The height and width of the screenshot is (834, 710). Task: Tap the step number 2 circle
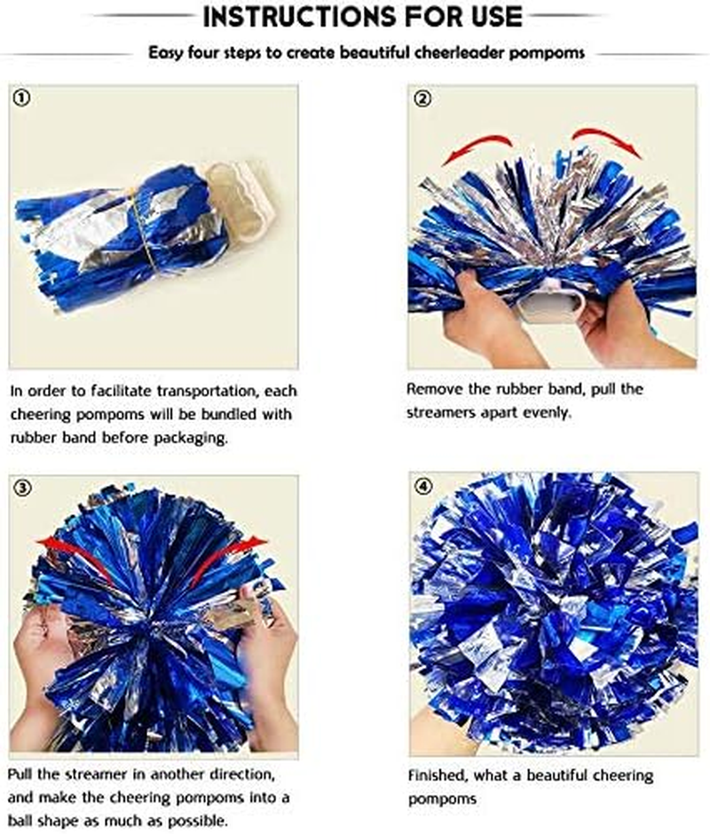pyautogui.click(x=423, y=99)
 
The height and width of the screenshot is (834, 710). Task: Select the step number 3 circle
pyautogui.click(x=23, y=487)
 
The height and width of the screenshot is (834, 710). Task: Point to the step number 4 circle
pyautogui.click(x=423, y=487)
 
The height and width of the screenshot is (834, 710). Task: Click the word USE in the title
pyautogui.click(x=496, y=16)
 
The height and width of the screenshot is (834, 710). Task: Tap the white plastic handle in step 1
pyautogui.click(x=241, y=200)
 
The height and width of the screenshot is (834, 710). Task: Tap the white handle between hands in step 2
pyautogui.click(x=551, y=307)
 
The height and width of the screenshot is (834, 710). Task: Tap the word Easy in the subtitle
pyautogui.click(x=166, y=52)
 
